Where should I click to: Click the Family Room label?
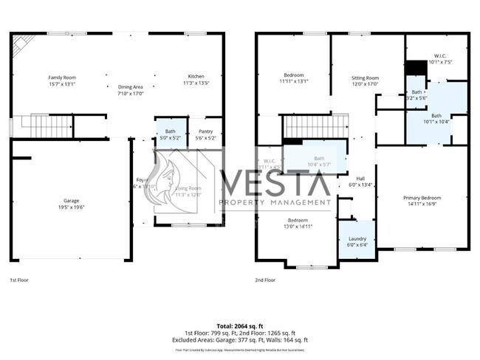[x=63, y=80]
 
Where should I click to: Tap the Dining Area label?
[x=130, y=90]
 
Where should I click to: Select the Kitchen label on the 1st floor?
[x=196, y=80]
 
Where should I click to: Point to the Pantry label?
[x=205, y=135]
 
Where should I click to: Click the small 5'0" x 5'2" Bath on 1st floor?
[x=171, y=135]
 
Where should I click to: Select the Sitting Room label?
[x=364, y=81]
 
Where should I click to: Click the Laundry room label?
[x=357, y=241]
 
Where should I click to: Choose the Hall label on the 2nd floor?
[x=361, y=181]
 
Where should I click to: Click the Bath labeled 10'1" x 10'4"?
[x=436, y=119]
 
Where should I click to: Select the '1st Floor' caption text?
[x=20, y=280]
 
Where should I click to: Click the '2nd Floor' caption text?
[x=265, y=280]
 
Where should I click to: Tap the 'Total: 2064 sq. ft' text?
[x=240, y=325]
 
